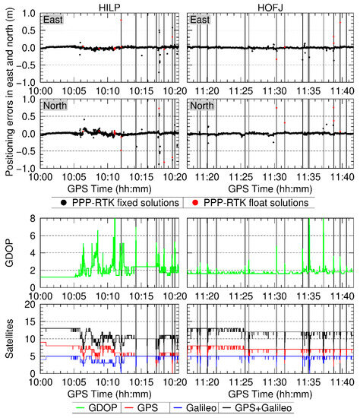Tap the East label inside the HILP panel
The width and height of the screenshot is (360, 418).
[53, 21]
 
